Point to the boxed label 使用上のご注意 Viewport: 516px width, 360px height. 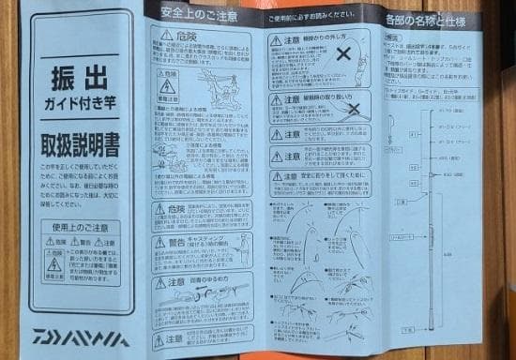click(x=76, y=226)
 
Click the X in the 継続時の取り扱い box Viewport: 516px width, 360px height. click(x=354, y=110)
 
